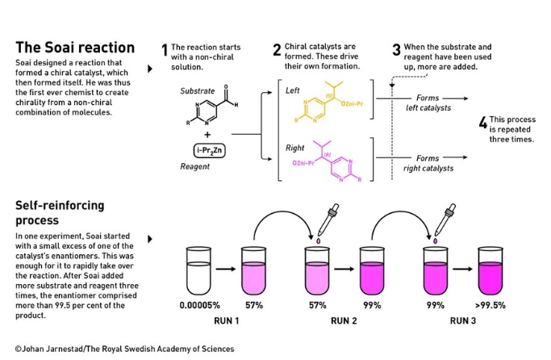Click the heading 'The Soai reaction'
(75, 48)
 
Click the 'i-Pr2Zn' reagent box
(210, 150)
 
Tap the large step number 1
(165, 50)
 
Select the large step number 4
(483, 123)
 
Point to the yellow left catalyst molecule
(328, 102)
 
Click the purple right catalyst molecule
(328, 161)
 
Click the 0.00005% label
(199, 305)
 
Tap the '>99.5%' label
(490, 305)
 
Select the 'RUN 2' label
(344, 320)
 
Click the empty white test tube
(198, 270)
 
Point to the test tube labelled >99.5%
(490, 270)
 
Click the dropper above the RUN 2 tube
(328, 220)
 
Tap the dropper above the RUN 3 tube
(445, 220)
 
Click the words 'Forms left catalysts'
(428, 103)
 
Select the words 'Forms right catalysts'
(428, 163)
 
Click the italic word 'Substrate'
(197, 91)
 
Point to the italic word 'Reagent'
(194, 166)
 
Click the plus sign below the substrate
(207, 135)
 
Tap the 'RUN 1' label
(227, 320)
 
